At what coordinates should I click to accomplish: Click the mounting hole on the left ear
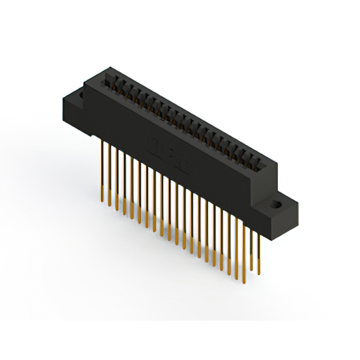coord(79,96)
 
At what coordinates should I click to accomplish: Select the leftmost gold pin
coord(103,169)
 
